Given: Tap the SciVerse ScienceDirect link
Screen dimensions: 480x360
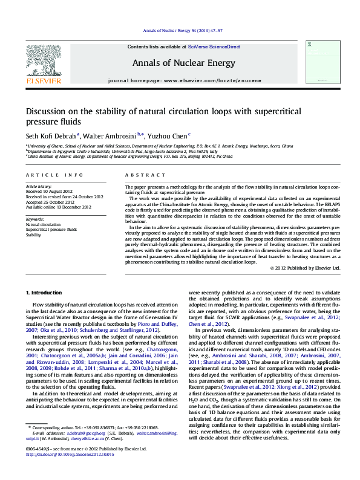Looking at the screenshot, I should [x=214, y=47].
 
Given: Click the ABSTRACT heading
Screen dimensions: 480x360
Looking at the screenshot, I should [x=143, y=175].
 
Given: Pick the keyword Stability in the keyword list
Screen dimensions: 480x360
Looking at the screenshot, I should [x=33, y=235].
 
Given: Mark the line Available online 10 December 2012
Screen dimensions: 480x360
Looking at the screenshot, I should [x=58, y=207].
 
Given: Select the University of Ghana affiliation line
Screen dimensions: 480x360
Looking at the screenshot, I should [x=159, y=146].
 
